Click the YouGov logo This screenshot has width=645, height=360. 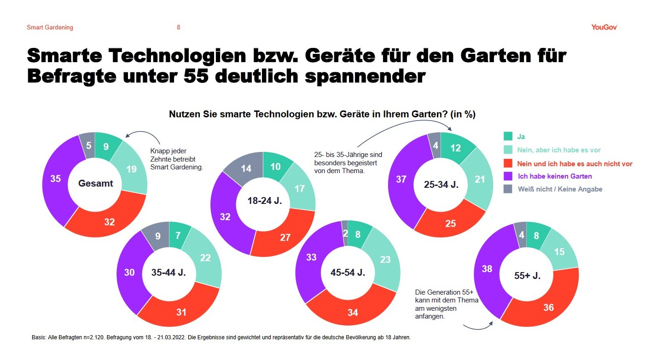tap(604, 27)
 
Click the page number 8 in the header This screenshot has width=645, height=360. tap(179, 28)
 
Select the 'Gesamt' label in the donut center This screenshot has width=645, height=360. tap(96, 184)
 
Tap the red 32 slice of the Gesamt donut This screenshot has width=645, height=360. tap(109, 221)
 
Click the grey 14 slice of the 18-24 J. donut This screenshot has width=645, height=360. tap(246, 168)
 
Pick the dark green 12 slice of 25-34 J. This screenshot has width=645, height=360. tap(455, 148)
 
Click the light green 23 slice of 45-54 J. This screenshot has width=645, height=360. tap(385, 259)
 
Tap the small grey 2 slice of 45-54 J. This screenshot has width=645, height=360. tap(345, 224)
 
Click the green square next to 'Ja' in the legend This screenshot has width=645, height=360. tap(508, 136)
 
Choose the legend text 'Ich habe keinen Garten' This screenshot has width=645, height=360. tap(548, 176)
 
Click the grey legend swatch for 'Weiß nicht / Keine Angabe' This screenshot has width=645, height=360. tap(508, 189)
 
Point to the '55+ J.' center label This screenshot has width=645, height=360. tap(527, 276)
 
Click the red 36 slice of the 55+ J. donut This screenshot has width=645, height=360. tap(548, 307)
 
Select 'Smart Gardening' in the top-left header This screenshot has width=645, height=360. tap(50, 28)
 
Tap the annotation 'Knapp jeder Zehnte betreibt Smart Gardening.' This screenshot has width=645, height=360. tap(176, 159)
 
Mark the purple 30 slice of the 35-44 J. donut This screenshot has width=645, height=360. tap(129, 273)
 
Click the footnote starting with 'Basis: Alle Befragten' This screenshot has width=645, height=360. tap(221, 337)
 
